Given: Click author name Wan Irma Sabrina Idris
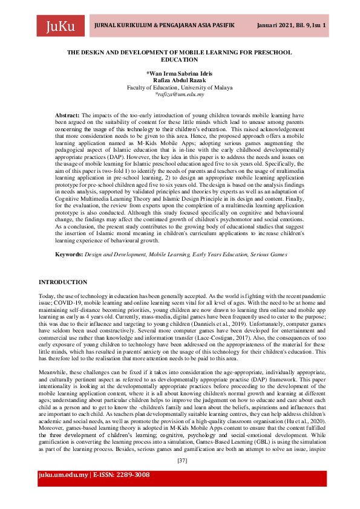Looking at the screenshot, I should (x=179, y=73).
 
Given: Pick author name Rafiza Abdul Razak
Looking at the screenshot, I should (x=179, y=80).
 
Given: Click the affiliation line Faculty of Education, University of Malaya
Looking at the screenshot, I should (x=179, y=88).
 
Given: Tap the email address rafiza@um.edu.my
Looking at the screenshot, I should (x=180, y=94).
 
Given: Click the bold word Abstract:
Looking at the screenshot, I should (x=67, y=114).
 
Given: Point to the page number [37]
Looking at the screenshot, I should (x=180, y=460).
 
